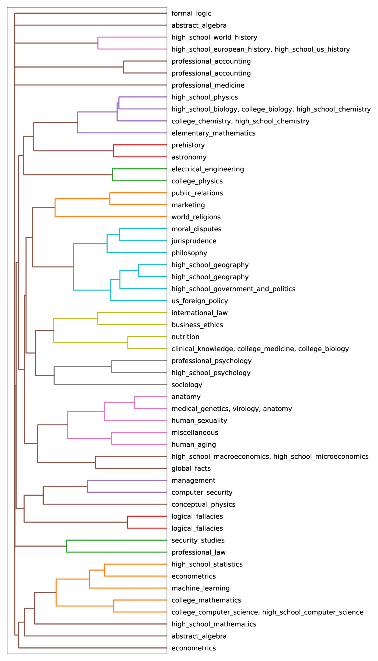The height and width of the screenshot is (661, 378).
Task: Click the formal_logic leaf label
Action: pos(191,13)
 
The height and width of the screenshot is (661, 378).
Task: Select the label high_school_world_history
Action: pos(214,37)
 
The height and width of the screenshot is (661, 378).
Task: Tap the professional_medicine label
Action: pos(208,85)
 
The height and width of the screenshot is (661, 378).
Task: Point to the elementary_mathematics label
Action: pos(213,133)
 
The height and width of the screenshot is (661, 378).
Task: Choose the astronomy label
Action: pos(189,157)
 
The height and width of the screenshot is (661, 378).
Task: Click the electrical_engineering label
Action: pos(208,169)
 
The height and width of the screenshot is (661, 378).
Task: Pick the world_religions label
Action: pos(196,217)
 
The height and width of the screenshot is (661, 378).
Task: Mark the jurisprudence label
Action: pos(194,241)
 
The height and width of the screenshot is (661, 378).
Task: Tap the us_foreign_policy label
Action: pos(200,301)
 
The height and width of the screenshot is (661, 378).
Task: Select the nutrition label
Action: pos(185,337)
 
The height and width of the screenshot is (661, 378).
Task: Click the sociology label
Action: pos(187,385)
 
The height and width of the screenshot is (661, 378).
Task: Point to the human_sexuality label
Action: pos(199,421)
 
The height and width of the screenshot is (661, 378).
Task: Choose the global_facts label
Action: pos(191,468)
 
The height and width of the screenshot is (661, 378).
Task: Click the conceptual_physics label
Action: pos(203,504)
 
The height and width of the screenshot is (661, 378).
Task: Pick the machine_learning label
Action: pos(200,588)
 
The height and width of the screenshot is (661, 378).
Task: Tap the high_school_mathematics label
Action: pos(214,624)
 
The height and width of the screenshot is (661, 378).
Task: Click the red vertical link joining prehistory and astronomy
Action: pos(113,151)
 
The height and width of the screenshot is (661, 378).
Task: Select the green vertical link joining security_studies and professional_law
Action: pos(66,546)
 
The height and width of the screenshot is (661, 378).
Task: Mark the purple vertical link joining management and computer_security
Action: pos(87,486)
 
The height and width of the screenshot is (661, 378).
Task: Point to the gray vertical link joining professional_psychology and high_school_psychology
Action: pos(112,367)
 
